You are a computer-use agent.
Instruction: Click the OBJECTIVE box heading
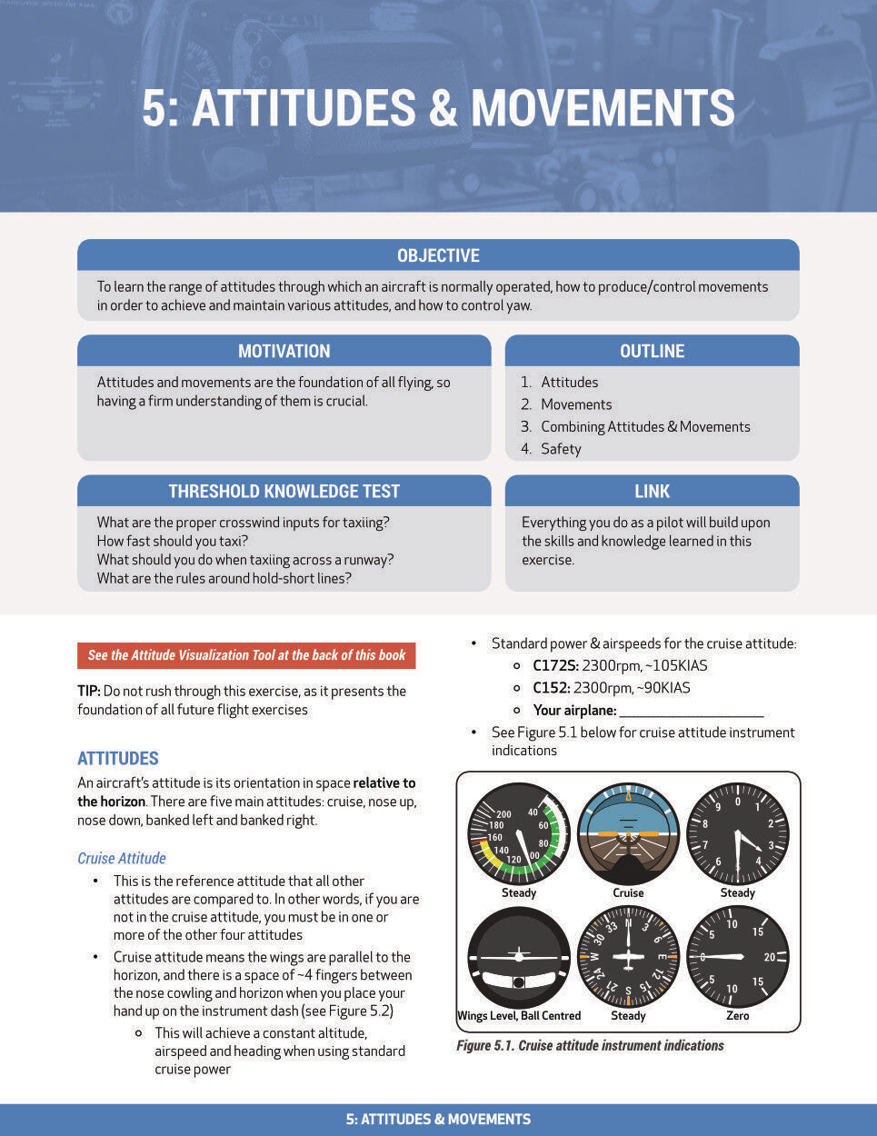(438, 255)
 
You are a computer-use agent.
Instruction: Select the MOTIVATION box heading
(284, 351)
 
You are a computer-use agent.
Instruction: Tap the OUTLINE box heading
(652, 351)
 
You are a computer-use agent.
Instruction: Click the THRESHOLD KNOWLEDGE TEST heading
(284, 491)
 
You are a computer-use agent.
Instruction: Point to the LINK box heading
(652, 491)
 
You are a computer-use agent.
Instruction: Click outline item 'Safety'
(561, 449)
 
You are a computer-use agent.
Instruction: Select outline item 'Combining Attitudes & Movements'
(645, 426)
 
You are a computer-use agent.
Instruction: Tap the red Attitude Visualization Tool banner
(246, 655)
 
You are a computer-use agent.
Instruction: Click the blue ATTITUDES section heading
(118, 758)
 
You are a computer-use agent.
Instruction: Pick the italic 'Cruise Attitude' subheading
(122, 858)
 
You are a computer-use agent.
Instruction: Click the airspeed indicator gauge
(518, 833)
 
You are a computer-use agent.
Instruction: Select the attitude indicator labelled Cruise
(628, 833)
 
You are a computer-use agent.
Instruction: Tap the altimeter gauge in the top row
(737, 833)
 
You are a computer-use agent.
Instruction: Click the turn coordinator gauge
(518, 957)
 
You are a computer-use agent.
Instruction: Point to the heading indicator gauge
(628, 957)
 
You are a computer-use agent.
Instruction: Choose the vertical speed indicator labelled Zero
(737, 957)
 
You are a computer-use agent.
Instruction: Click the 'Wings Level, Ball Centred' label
(519, 1016)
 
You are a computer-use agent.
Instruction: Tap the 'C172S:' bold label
(555, 665)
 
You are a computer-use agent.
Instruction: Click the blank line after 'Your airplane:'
(691, 712)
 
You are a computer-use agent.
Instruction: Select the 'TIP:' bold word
(88, 691)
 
